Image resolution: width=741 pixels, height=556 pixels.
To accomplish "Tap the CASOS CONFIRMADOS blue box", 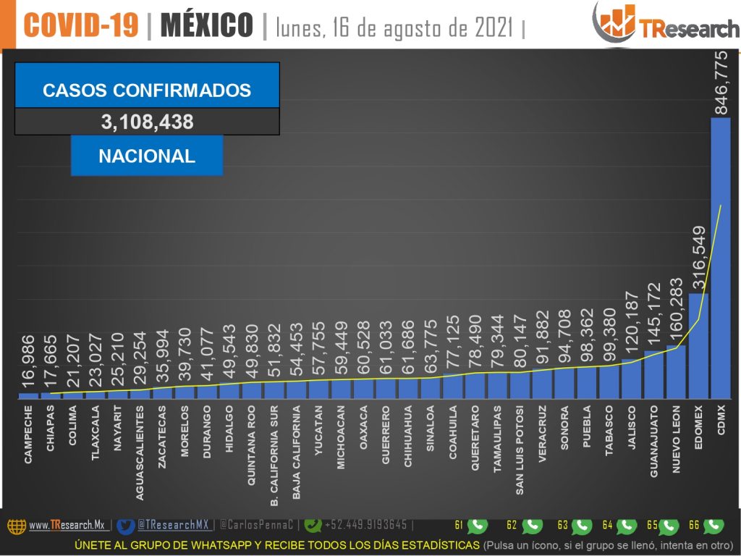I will [x=147, y=90].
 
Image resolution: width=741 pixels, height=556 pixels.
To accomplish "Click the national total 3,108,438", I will [x=147, y=122].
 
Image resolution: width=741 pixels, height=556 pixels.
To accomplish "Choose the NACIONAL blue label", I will [x=147, y=156].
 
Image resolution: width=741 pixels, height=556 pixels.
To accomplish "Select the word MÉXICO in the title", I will [x=206, y=25].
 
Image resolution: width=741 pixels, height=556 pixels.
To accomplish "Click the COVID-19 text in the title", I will [x=80, y=25].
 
